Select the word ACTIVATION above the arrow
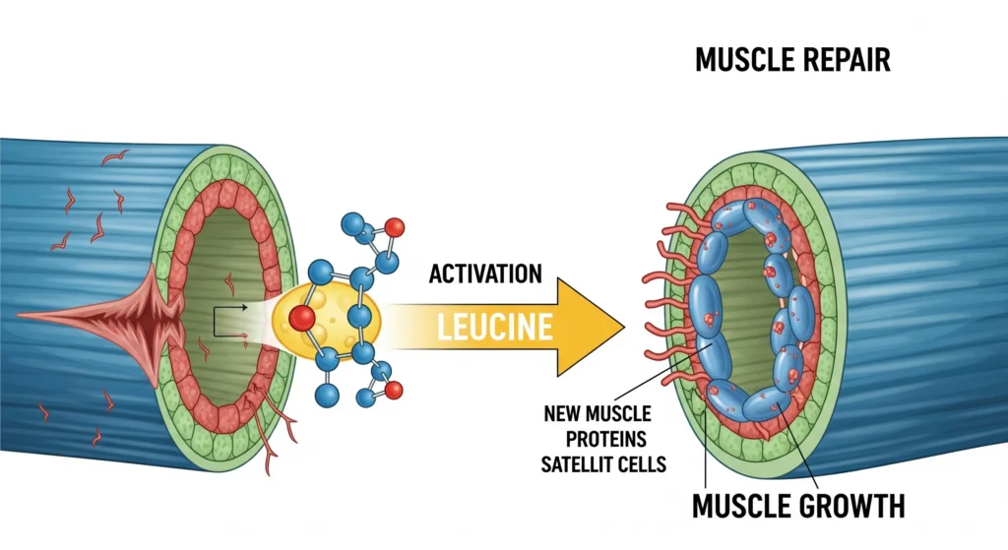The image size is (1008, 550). click(x=485, y=274)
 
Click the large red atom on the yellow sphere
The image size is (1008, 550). click(x=303, y=319)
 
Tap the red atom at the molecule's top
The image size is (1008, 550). click(x=394, y=227)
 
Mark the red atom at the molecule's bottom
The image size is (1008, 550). click(x=394, y=391)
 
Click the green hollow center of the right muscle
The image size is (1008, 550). click(x=748, y=295)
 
